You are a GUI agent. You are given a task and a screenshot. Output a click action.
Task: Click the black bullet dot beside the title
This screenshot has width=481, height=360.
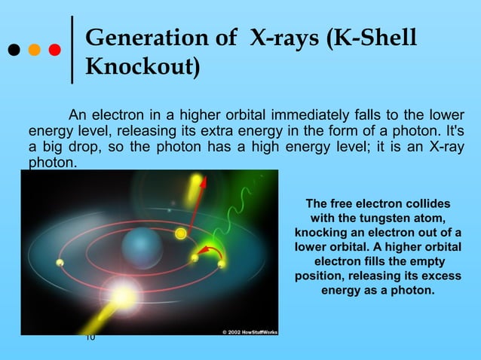tap(14, 51)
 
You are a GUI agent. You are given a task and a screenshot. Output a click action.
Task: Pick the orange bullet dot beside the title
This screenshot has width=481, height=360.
tap(34, 51)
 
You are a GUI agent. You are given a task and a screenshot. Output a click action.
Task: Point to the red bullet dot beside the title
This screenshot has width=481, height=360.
tap(54, 51)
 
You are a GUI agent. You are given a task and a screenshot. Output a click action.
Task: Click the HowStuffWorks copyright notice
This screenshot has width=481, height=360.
tap(250, 331)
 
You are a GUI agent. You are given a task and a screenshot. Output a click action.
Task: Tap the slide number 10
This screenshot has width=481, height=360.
tap(90, 337)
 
